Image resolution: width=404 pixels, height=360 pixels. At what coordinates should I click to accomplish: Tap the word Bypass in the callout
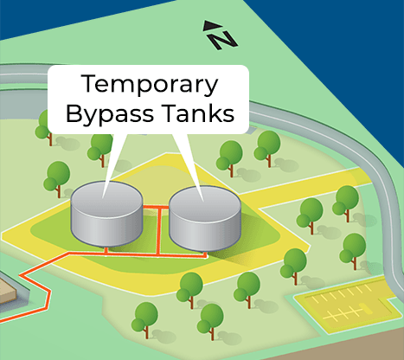[112, 113]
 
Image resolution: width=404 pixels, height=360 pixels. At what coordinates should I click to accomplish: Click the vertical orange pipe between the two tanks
[159, 228]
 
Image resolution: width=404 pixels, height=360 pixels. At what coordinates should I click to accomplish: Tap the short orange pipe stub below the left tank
[106, 249]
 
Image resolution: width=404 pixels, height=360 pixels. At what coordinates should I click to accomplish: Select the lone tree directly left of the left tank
[58, 176]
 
